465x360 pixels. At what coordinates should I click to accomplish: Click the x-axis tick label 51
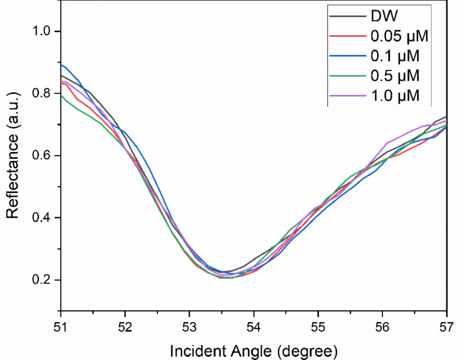tap(61, 326)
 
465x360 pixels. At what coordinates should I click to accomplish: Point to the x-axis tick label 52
tap(125, 326)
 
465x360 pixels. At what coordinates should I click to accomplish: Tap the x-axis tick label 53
tap(190, 326)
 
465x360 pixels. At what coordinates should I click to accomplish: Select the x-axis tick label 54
tap(254, 326)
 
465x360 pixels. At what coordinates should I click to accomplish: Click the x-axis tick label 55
tap(318, 326)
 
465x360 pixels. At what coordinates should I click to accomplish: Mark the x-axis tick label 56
tap(382, 326)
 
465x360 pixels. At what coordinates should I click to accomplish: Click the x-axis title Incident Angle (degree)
tap(254, 349)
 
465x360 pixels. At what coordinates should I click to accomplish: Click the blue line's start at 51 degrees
tap(62, 65)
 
